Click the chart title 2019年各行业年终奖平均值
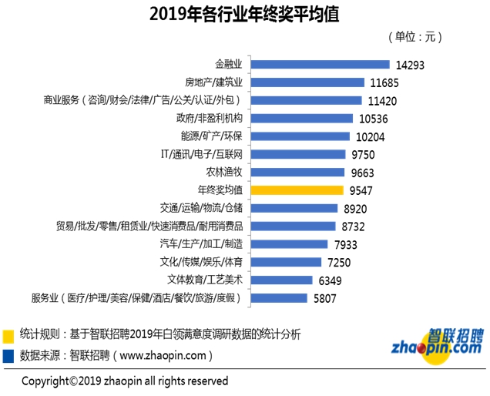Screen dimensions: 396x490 coord(245,14)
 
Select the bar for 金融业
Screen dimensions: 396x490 coord(319,65)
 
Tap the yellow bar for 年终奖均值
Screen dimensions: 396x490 coord(297,190)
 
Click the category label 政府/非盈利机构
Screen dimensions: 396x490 coord(210,118)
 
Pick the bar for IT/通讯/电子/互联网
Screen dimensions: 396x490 coord(297,154)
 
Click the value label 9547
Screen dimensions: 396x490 coord(364,190)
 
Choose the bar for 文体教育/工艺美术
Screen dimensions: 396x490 coord(280,280)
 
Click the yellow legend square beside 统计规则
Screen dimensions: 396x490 coord(8,335)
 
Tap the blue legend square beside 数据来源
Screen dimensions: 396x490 coord(8,355)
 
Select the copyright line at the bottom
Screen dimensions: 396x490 coord(124,381)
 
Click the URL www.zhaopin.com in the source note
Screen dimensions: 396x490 coord(163,356)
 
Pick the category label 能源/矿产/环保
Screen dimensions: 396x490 coord(212,136)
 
